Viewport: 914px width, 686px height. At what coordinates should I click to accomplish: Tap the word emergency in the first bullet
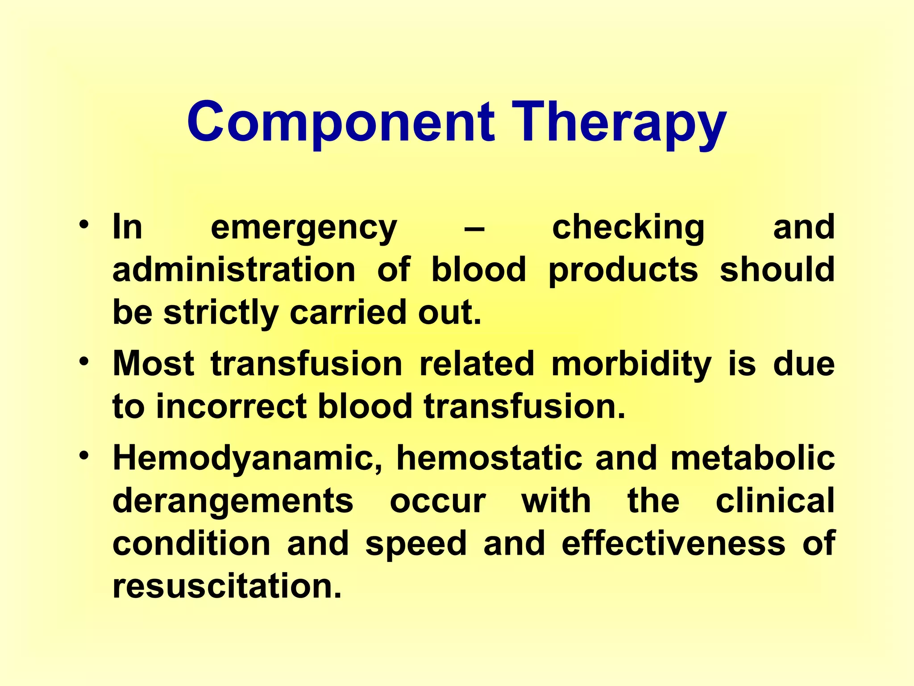(x=303, y=228)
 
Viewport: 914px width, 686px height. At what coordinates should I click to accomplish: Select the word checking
(x=628, y=228)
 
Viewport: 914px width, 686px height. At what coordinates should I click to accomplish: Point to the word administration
(x=234, y=270)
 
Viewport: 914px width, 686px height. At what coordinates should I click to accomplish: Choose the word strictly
(x=221, y=313)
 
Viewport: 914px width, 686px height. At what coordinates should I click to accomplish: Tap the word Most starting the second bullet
(x=153, y=364)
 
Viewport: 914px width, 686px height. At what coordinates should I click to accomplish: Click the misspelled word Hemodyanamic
(x=248, y=458)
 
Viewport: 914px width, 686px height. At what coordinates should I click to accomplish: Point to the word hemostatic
(x=489, y=458)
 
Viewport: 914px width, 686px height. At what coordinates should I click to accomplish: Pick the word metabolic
(x=752, y=458)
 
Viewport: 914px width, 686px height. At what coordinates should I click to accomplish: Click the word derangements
(x=233, y=501)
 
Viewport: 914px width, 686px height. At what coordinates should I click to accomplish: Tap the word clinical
(x=775, y=500)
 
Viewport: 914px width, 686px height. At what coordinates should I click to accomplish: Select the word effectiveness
(x=673, y=543)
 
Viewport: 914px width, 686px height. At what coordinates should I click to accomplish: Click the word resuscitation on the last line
(x=227, y=586)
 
